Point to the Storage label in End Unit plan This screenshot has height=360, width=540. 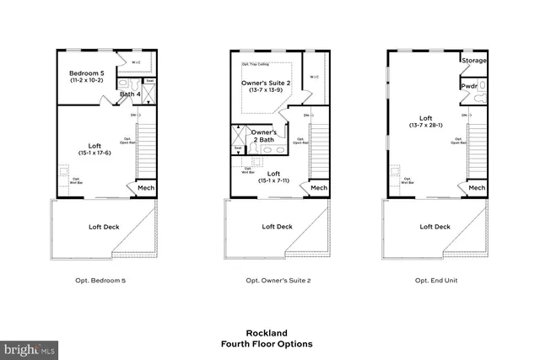472,61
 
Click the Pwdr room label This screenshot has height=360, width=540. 469,86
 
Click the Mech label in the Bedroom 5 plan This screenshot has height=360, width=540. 143,188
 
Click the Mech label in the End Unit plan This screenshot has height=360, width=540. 477,188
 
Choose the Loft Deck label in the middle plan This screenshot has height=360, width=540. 277,226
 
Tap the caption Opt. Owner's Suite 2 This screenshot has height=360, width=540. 278,280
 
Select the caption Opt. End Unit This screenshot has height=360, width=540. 436,280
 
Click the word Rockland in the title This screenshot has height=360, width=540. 267,332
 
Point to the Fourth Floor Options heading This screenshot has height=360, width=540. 267,344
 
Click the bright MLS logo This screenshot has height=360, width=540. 30,348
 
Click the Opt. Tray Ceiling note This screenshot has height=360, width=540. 256,63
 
